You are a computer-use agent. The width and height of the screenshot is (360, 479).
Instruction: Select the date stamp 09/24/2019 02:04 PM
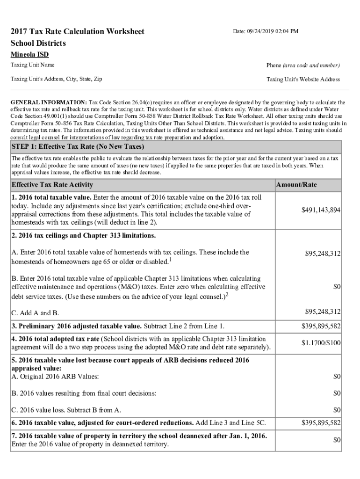pos(266,31)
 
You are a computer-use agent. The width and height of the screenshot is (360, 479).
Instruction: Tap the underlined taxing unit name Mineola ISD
pos(29,55)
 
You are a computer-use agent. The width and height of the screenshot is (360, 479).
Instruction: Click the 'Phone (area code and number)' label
pos(303,65)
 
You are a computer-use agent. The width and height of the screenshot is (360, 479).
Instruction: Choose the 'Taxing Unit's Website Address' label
pos(303,80)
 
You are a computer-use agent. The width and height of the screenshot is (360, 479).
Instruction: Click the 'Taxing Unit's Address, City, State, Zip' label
pos(57,79)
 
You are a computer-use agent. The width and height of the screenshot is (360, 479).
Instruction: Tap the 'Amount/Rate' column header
pos(296,185)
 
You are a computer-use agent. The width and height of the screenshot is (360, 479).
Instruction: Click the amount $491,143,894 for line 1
pos(320,210)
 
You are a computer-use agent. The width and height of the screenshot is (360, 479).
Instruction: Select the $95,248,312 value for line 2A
pos(323,254)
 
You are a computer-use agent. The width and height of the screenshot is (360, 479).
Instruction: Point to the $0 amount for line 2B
pos(337,286)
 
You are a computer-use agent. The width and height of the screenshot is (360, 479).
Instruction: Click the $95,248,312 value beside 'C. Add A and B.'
pos(323,312)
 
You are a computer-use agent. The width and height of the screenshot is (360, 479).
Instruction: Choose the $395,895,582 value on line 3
pos(320,326)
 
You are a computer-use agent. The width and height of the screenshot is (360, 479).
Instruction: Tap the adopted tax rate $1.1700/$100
pos(321,343)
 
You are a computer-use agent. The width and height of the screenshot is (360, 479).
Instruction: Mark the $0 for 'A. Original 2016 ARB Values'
pos(337,377)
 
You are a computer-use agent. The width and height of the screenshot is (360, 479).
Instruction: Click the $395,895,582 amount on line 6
pos(320,423)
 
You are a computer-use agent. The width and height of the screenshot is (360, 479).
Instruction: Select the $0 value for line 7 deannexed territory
pos(337,440)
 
